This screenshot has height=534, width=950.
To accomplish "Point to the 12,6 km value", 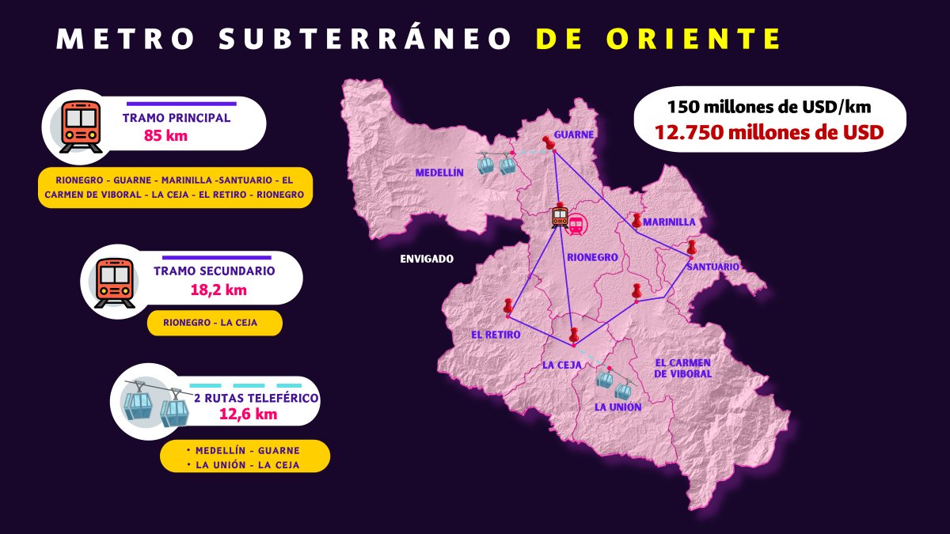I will click(x=247, y=413).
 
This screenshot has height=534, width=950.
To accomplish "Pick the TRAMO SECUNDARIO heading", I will click(x=215, y=271).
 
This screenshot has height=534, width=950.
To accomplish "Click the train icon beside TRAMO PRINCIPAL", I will click(x=81, y=127).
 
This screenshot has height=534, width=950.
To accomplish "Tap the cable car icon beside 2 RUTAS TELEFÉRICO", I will click(x=156, y=403).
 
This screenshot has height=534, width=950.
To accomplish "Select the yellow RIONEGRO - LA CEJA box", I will click(x=215, y=323).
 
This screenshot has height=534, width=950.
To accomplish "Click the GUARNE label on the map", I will click(x=574, y=134).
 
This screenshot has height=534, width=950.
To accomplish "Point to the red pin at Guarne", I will click(x=548, y=142).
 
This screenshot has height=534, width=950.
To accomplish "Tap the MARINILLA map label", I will click(x=669, y=222).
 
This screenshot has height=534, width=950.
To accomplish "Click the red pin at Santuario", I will click(x=691, y=247).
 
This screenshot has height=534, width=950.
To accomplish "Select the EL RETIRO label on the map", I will click(x=496, y=335).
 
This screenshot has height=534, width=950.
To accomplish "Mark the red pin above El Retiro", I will click(x=507, y=305).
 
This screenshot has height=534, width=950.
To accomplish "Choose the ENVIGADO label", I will click(x=427, y=259).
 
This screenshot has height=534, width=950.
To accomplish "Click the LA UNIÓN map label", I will click(x=617, y=407).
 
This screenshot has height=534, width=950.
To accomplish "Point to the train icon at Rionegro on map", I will click(x=560, y=216).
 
